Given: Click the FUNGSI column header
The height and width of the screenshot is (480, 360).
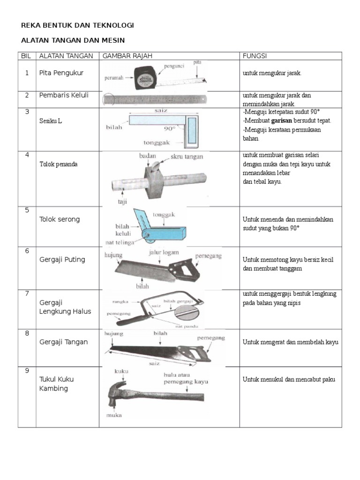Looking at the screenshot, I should (255, 56).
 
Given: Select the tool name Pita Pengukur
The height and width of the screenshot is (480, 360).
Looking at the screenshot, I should (60, 73).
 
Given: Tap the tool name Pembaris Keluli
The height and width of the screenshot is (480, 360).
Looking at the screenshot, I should (64, 95).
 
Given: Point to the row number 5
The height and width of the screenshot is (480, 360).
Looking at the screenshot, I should (27, 210).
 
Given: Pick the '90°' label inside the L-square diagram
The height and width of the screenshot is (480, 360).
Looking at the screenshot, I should (169, 127).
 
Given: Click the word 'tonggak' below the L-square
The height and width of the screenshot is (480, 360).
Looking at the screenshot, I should (157, 143).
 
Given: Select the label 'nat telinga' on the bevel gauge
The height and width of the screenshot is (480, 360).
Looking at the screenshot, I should (120, 242).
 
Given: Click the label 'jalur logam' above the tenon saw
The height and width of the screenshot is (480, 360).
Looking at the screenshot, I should (164, 252).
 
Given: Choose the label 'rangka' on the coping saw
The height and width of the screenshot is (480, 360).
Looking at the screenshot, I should (121, 302).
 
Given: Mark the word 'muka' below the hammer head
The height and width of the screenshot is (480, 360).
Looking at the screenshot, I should (113, 415).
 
